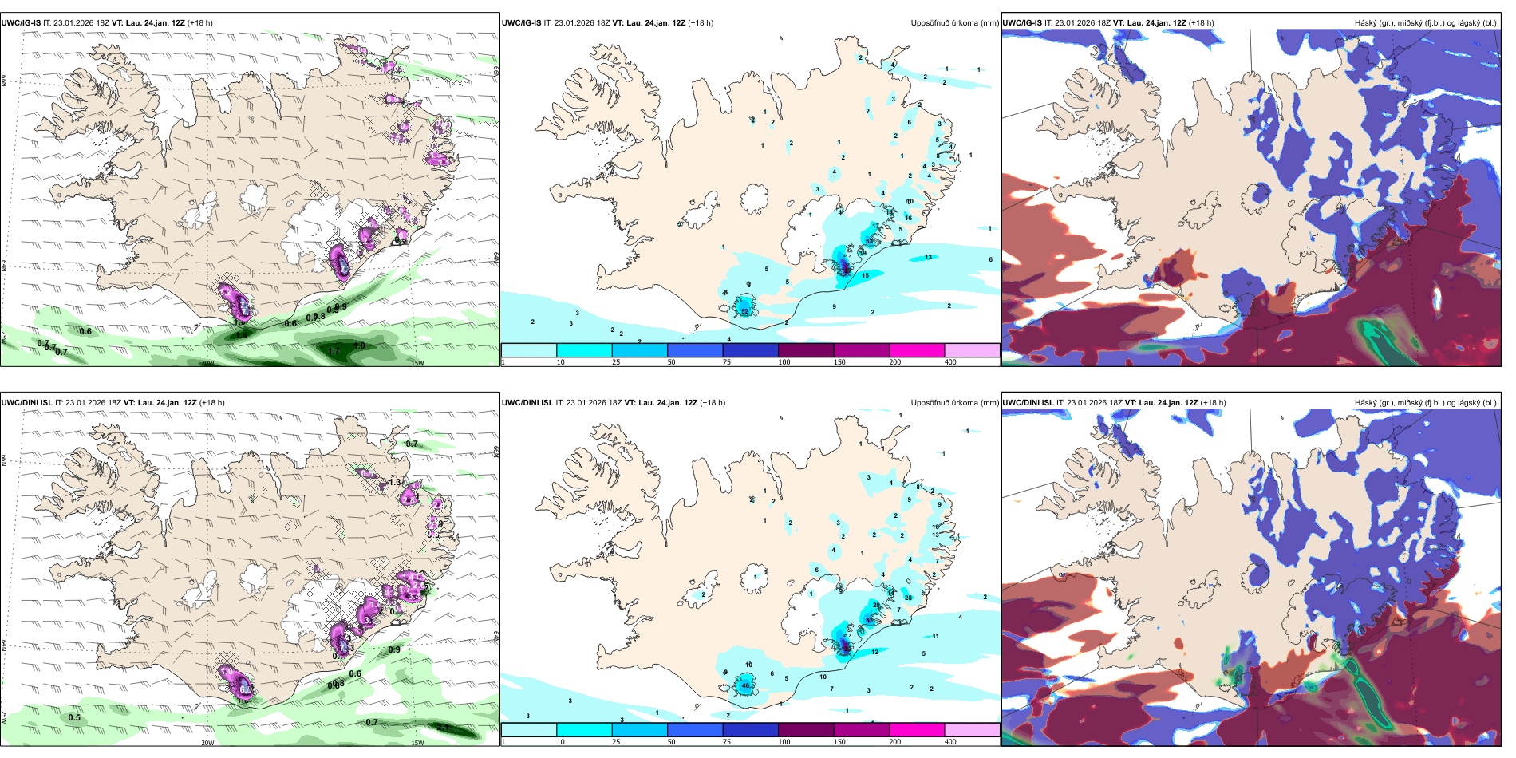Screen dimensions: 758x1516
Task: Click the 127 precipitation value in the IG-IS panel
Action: [x=844, y=270]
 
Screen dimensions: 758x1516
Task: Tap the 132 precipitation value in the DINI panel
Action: [x=844, y=650]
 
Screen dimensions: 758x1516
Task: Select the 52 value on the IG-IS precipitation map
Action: [x=745, y=311]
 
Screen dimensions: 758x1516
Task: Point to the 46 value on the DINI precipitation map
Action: [x=746, y=685]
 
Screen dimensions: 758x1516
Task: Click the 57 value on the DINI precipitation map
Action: [x=869, y=620]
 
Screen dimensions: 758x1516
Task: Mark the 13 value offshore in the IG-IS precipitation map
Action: [x=928, y=257]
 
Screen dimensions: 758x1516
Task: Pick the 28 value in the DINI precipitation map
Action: [x=908, y=598]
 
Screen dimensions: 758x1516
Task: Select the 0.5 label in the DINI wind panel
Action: [x=74, y=717]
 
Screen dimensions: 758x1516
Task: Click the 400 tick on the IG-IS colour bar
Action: [x=950, y=362]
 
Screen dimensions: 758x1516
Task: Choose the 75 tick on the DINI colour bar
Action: [x=727, y=742]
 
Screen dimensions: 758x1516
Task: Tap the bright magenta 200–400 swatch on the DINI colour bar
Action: [x=916, y=729]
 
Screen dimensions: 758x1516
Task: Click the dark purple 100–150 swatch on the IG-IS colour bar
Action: [x=805, y=349]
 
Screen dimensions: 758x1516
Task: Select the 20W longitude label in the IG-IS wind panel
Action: [x=207, y=363]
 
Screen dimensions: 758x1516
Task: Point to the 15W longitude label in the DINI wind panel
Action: [x=417, y=743]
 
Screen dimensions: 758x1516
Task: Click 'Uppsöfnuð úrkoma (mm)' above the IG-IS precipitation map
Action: [x=954, y=23]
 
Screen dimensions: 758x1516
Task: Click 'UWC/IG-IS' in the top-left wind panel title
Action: [x=21, y=23]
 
